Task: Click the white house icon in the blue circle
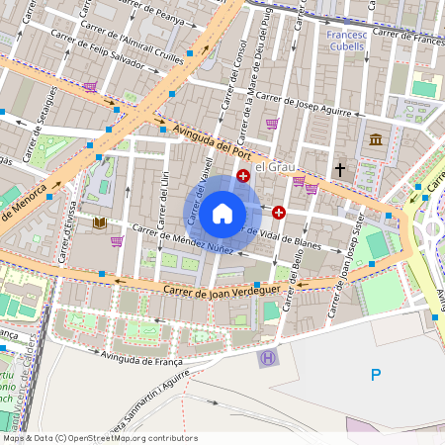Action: [x=222, y=213]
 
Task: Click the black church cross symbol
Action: [x=340, y=170]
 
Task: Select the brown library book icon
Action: [x=99, y=224]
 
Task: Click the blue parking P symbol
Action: [x=375, y=374]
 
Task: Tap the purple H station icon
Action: [x=265, y=358]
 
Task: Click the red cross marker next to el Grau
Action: [x=243, y=176]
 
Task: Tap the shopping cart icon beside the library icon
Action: [x=117, y=240]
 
